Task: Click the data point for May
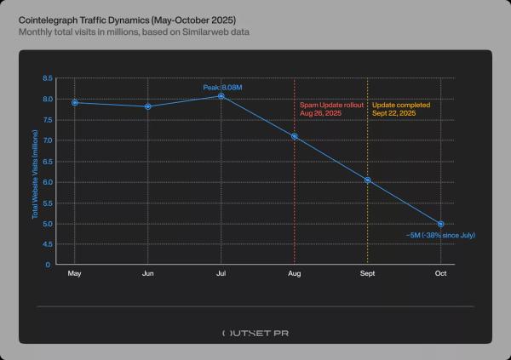tap(75, 102)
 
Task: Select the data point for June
tap(148, 106)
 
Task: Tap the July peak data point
tap(221, 96)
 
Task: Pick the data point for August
tap(295, 136)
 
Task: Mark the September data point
tap(368, 180)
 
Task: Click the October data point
tap(441, 224)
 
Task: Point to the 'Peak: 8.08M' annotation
tap(222, 87)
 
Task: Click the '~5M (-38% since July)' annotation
tap(439, 233)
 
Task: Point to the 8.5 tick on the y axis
tap(48, 78)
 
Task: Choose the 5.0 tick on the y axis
tap(48, 224)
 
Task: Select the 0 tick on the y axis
tap(49, 265)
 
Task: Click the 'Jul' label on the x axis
tap(221, 274)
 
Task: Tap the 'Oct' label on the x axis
tap(441, 274)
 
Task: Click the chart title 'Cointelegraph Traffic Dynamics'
tap(128, 19)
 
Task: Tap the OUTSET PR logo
tap(255, 333)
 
